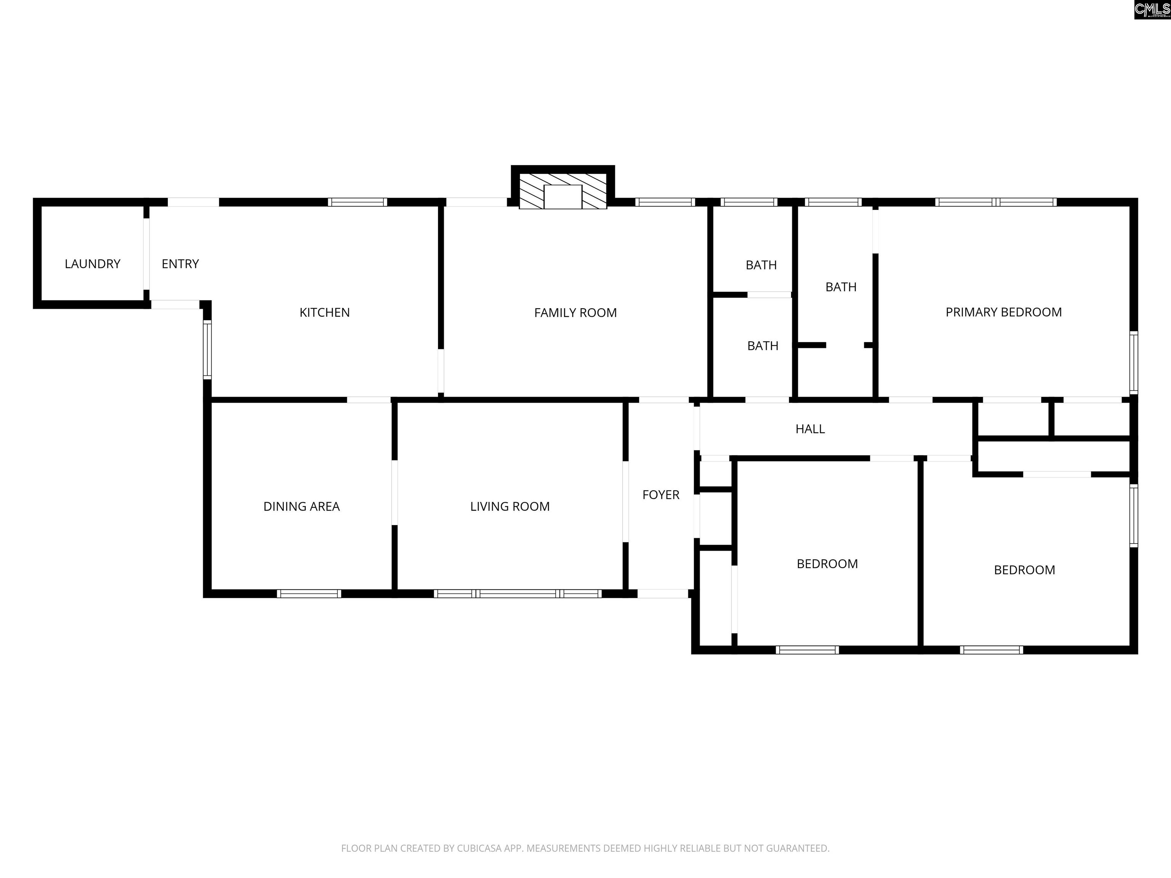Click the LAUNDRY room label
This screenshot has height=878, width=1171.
point(93,264)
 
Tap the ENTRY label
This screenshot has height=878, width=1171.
point(180,264)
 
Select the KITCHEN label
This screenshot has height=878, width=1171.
point(324,312)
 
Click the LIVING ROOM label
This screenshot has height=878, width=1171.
point(510,506)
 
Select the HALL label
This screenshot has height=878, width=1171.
point(810,429)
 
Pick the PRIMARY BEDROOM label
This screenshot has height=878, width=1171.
point(1004,312)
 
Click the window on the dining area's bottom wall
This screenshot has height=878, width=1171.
point(309,594)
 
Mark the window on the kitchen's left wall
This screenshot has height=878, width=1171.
point(207,350)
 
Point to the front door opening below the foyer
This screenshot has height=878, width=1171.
point(663,594)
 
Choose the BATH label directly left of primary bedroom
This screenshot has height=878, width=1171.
point(841,287)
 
